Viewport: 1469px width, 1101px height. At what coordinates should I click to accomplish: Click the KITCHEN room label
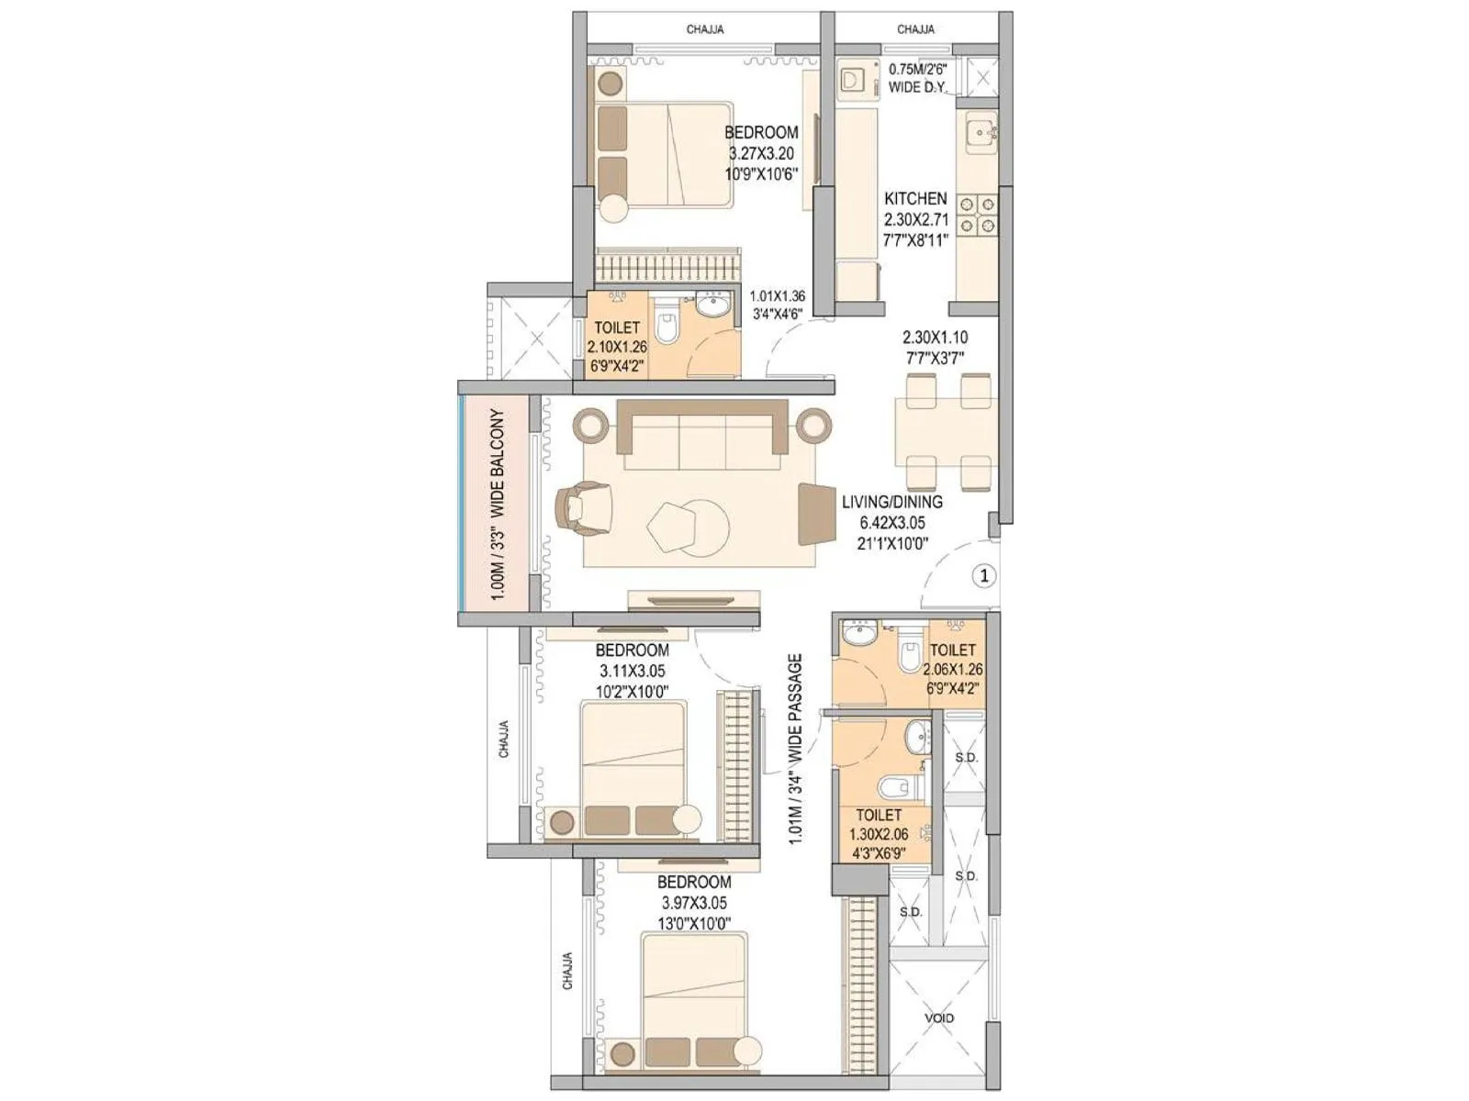tap(915, 198)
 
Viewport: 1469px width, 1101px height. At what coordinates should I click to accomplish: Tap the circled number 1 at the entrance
tap(983, 575)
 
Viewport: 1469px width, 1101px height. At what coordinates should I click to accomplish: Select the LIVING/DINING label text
tap(891, 502)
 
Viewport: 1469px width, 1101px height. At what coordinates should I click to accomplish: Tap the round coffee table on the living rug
tap(702, 527)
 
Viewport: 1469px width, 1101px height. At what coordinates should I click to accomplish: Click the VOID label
tap(939, 1018)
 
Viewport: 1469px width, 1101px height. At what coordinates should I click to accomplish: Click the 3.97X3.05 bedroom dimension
tap(694, 903)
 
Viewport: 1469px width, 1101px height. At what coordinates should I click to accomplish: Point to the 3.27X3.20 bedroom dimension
tap(760, 153)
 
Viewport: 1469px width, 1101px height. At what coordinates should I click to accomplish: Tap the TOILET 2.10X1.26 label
tap(616, 346)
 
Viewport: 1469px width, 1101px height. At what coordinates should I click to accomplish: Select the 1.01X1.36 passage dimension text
tap(777, 296)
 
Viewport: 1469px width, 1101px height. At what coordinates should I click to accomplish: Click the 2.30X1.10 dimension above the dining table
tap(935, 338)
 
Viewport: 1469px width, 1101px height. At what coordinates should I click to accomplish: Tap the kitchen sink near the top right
tap(979, 132)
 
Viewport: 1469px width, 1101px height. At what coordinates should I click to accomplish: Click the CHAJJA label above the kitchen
tap(915, 30)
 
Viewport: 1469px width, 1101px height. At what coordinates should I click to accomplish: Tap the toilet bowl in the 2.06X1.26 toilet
tap(910, 653)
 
